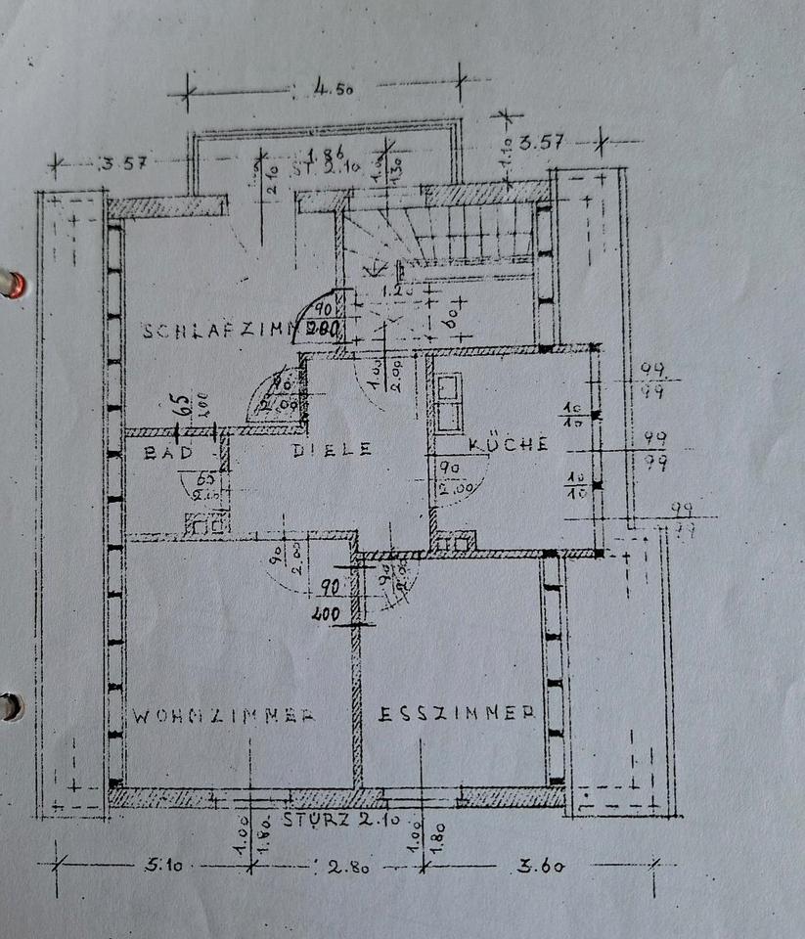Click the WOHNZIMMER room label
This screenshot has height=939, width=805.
coord(223,715)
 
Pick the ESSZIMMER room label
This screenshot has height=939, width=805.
coord(456,713)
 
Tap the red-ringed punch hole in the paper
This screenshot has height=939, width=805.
coord(13,284)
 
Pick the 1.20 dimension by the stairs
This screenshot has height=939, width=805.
coord(394,290)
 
